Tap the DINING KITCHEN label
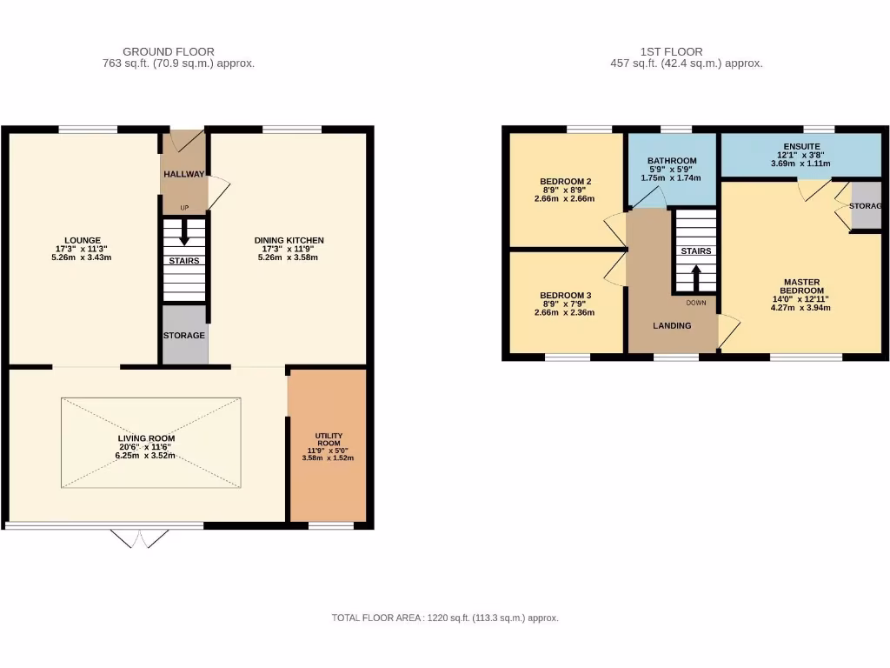click(x=289, y=240)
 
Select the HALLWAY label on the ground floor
click(x=183, y=174)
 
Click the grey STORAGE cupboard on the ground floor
click(x=184, y=335)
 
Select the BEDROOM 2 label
click(x=565, y=182)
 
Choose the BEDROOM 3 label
click(x=565, y=295)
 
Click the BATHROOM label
click(x=672, y=161)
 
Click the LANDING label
click(x=672, y=325)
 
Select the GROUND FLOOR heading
click(x=169, y=51)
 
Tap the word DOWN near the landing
click(x=695, y=304)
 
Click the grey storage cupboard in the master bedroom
click(x=866, y=206)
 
